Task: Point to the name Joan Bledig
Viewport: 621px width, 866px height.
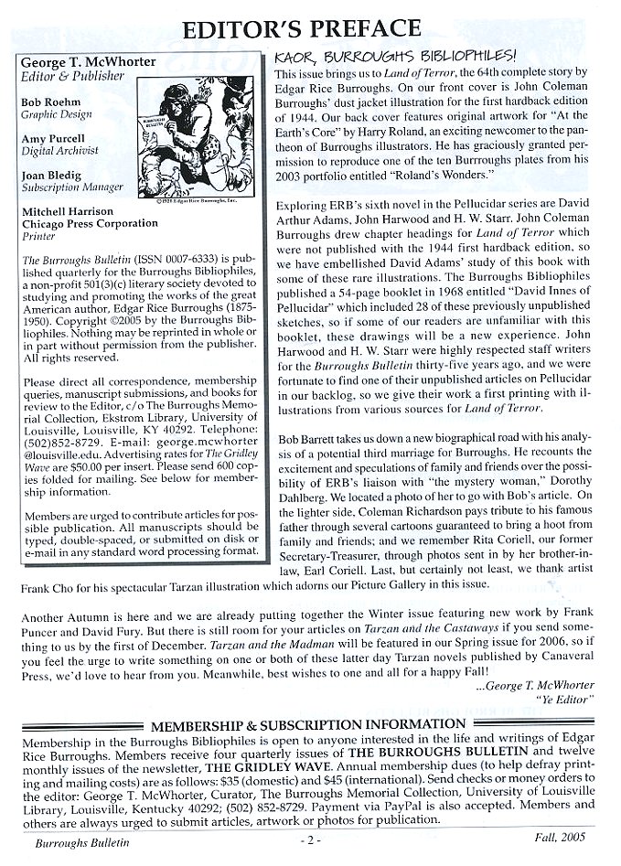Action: coord(51,174)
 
